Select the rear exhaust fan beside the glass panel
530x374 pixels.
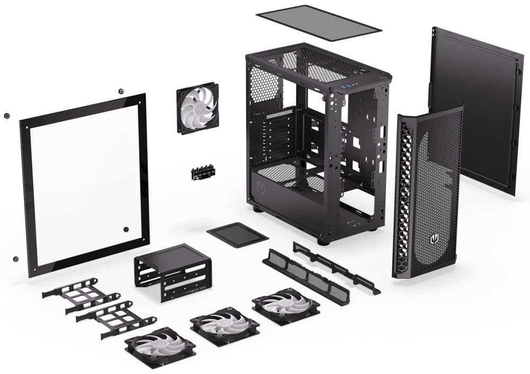point(197,108)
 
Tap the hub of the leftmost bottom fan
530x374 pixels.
point(160,347)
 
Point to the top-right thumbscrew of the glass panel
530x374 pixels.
point(121,92)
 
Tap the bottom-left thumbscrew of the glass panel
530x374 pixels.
point(15,259)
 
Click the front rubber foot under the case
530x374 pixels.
point(323,242)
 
